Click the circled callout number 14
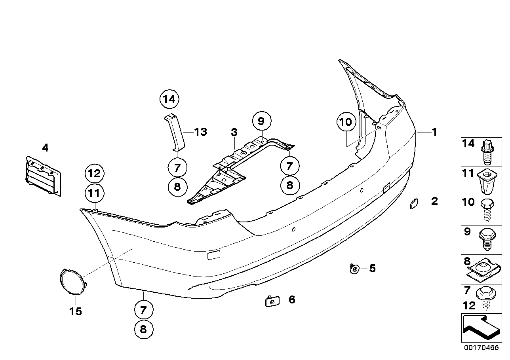pyautogui.click(x=169, y=99)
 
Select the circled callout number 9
pyautogui.click(x=261, y=121)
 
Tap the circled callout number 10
pyautogui.click(x=346, y=122)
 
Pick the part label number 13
pyautogui.click(x=201, y=132)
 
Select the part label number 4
pyautogui.click(x=45, y=148)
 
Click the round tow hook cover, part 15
pyautogui.click(x=72, y=282)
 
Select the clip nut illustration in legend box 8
pyautogui.click(x=484, y=270)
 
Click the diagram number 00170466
pyautogui.click(x=481, y=349)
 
